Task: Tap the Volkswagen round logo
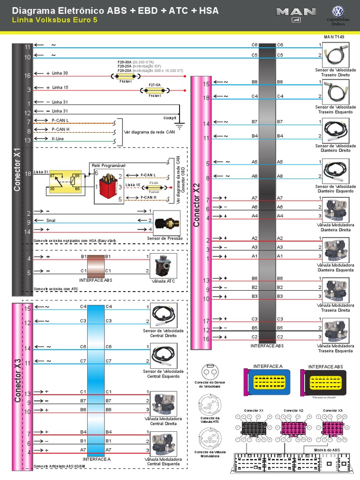pos(338,12)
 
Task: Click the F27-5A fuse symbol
pos(154,90)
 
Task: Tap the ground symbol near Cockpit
pos(180,124)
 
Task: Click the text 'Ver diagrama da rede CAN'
pos(149,132)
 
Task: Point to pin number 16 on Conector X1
pos(28,75)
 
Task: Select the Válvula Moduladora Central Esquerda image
pos(165,444)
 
